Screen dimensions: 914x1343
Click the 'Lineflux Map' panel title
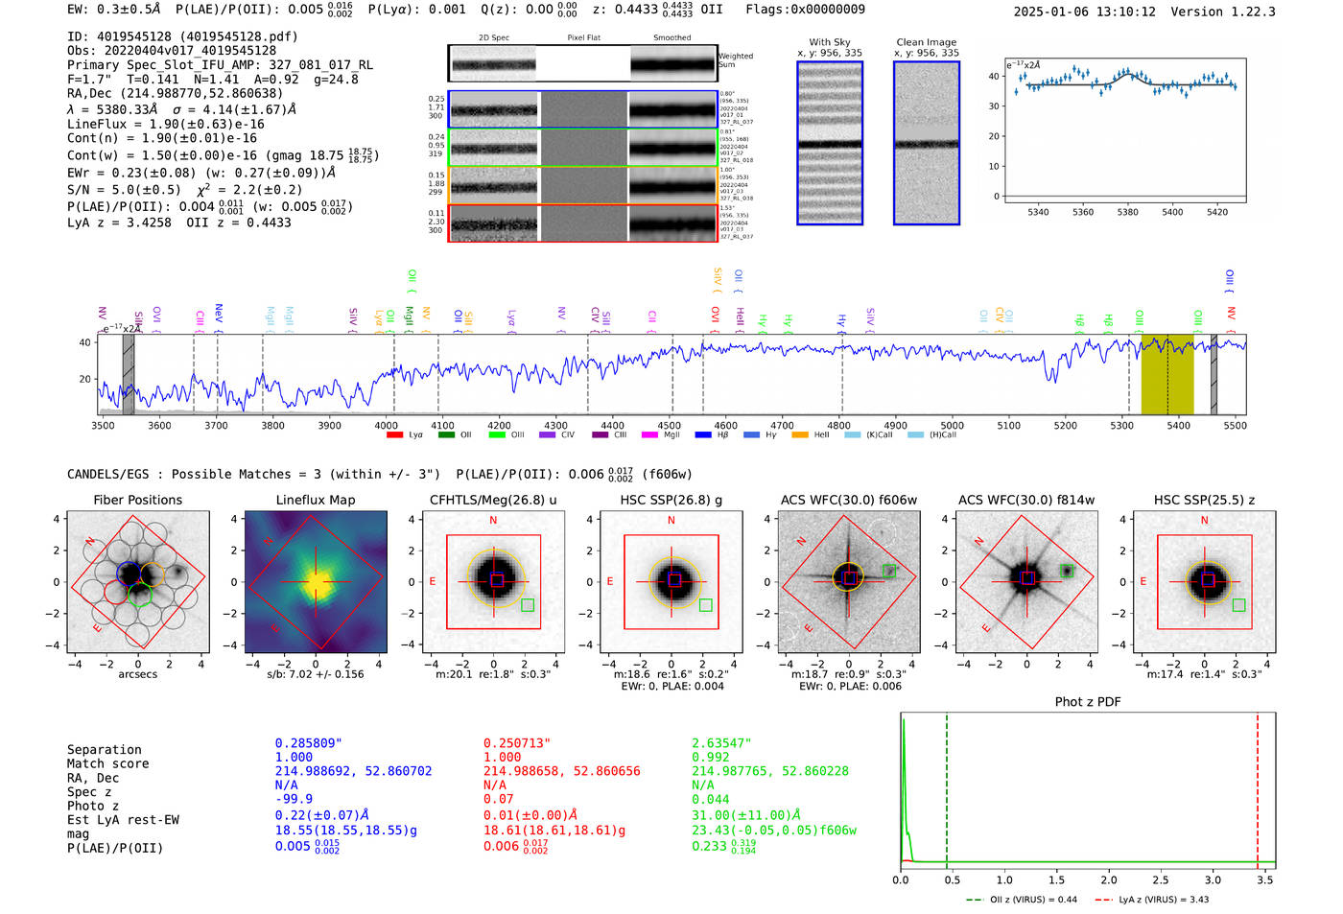point(315,500)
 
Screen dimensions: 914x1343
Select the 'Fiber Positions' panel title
point(137,500)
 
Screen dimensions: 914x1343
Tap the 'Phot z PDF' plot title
point(1088,702)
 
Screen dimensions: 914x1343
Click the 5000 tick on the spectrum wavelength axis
point(952,425)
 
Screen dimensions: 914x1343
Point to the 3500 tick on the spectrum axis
point(103,425)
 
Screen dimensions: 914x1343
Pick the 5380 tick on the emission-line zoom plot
point(1127,212)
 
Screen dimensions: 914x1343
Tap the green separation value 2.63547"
point(721,743)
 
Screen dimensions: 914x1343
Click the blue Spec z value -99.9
point(294,799)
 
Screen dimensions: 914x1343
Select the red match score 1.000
point(503,758)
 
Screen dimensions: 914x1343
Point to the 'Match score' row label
point(107,764)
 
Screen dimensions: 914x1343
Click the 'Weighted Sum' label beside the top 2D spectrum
point(736,60)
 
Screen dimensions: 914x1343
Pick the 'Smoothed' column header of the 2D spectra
point(671,38)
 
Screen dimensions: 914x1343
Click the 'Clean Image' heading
point(926,42)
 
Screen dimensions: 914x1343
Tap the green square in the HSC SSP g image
point(706,605)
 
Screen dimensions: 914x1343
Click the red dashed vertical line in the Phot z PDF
point(1258,786)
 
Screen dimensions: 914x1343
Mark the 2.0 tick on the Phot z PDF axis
point(1108,879)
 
